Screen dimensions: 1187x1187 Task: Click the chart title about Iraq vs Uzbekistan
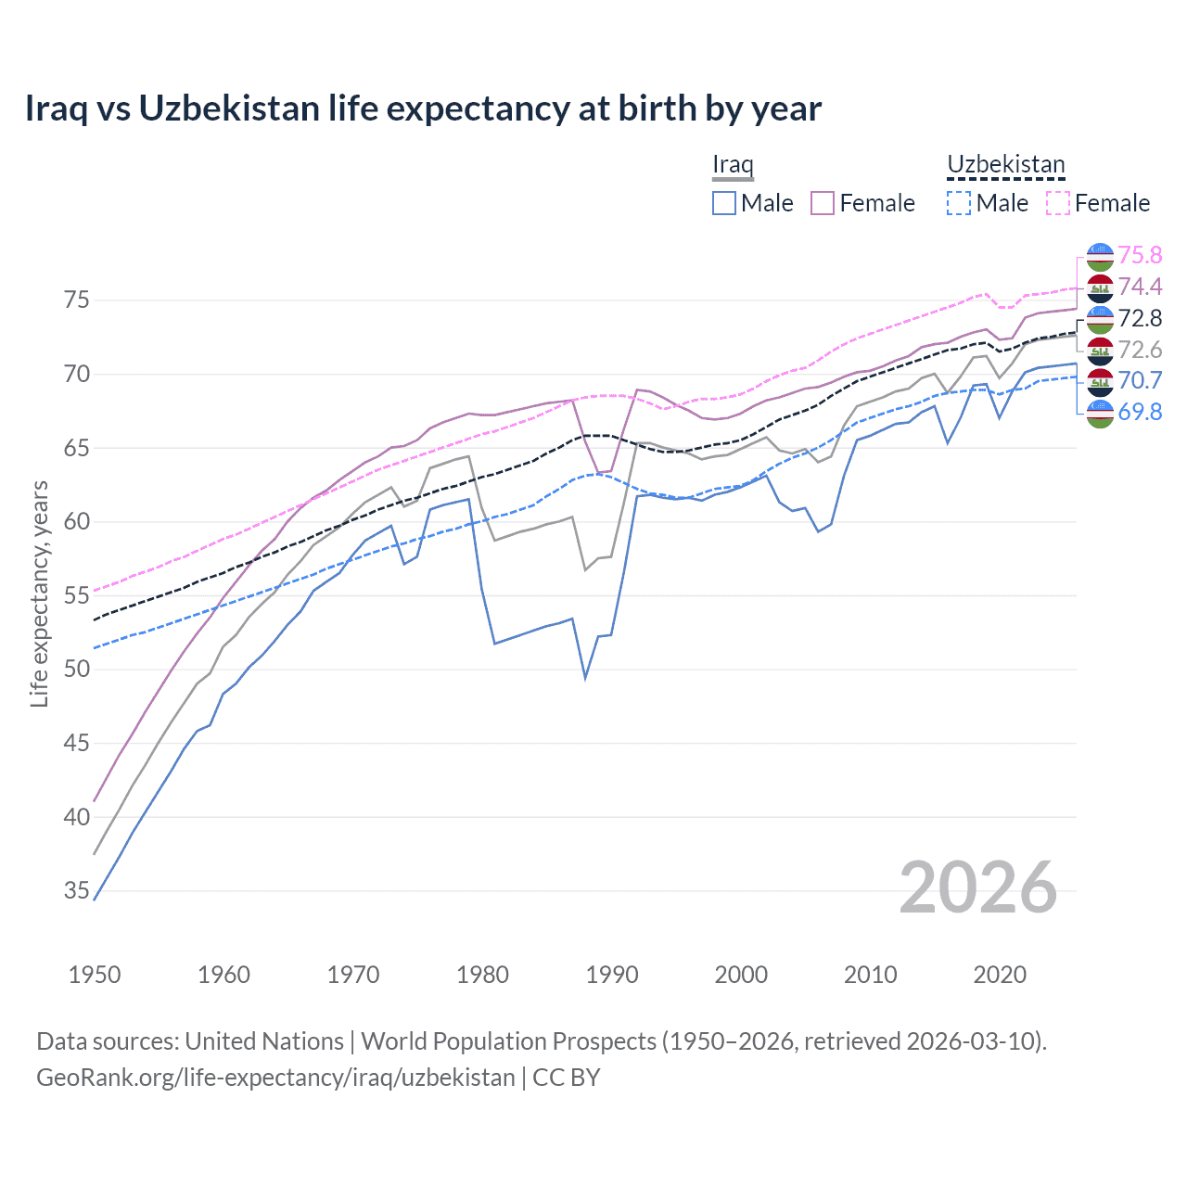pyautogui.click(x=423, y=108)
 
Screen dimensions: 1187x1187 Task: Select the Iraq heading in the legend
pyautogui.click(x=732, y=165)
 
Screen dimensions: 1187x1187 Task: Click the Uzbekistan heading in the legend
pyautogui.click(x=1005, y=165)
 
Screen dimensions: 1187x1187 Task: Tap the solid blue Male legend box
pyautogui.click(x=724, y=203)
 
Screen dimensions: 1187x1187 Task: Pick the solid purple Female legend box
pyautogui.click(x=823, y=203)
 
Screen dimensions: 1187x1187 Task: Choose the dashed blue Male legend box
pyautogui.click(x=959, y=203)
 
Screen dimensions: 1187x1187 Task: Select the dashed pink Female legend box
pyautogui.click(x=1058, y=203)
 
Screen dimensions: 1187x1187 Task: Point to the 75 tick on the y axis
pyautogui.click(x=76, y=300)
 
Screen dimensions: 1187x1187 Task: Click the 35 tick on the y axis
pyautogui.click(x=76, y=891)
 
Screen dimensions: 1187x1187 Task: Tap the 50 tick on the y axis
pyautogui.click(x=76, y=670)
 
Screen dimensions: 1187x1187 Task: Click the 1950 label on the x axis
pyautogui.click(x=95, y=975)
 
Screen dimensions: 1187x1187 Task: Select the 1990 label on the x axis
pyautogui.click(x=612, y=975)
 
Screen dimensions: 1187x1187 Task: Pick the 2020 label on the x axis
pyautogui.click(x=1000, y=975)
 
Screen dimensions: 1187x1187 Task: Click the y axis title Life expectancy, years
pyautogui.click(x=40, y=593)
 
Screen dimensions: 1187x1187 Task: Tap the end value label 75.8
pyautogui.click(x=1140, y=255)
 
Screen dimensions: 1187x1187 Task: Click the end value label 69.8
pyautogui.click(x=1140, y=412)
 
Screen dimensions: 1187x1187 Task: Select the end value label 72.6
pyautogui.click(x=1140, y=350)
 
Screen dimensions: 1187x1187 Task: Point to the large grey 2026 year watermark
pyautogui.click(x=977, y=887)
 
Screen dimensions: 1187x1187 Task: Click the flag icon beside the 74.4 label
pyautogui.click(x=1100, y=287)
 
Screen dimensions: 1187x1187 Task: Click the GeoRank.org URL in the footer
pyautogui.click(x=275, y=1078)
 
